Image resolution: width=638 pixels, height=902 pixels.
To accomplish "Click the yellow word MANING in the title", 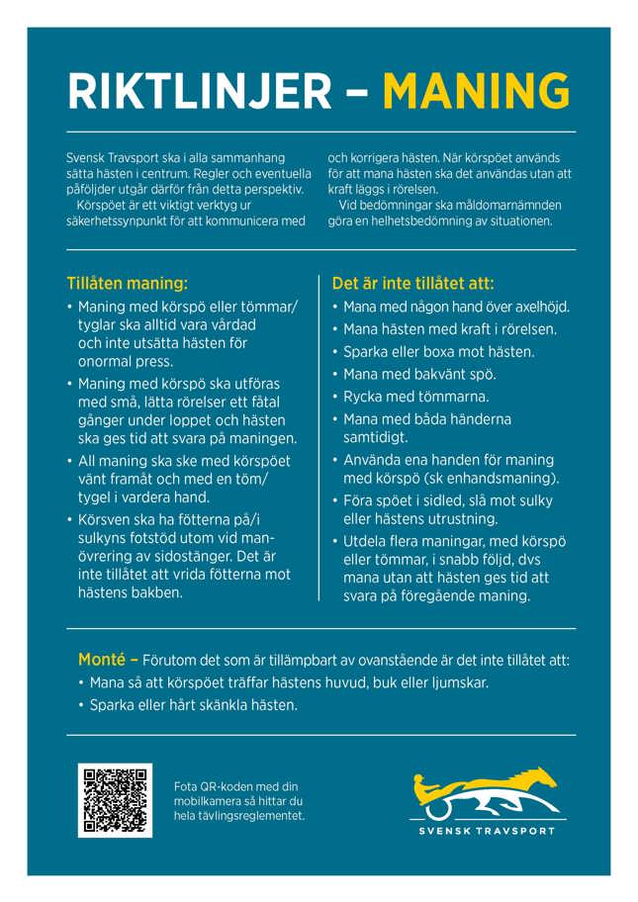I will (x=476, y=92).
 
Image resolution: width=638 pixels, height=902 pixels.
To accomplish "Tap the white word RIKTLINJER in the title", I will (x=200, y=92).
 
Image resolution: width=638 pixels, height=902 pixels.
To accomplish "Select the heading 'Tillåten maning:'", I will (x=127, y=282).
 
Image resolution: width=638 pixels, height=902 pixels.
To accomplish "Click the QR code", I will (x=115, y=799).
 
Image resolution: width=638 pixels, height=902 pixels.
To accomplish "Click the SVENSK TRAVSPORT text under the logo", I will (x=486, y=831).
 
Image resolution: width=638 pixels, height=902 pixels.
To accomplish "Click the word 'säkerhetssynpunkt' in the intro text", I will (x=117, y=221).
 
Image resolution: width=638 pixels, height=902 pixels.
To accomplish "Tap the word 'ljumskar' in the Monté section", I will (x=459, y=682).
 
